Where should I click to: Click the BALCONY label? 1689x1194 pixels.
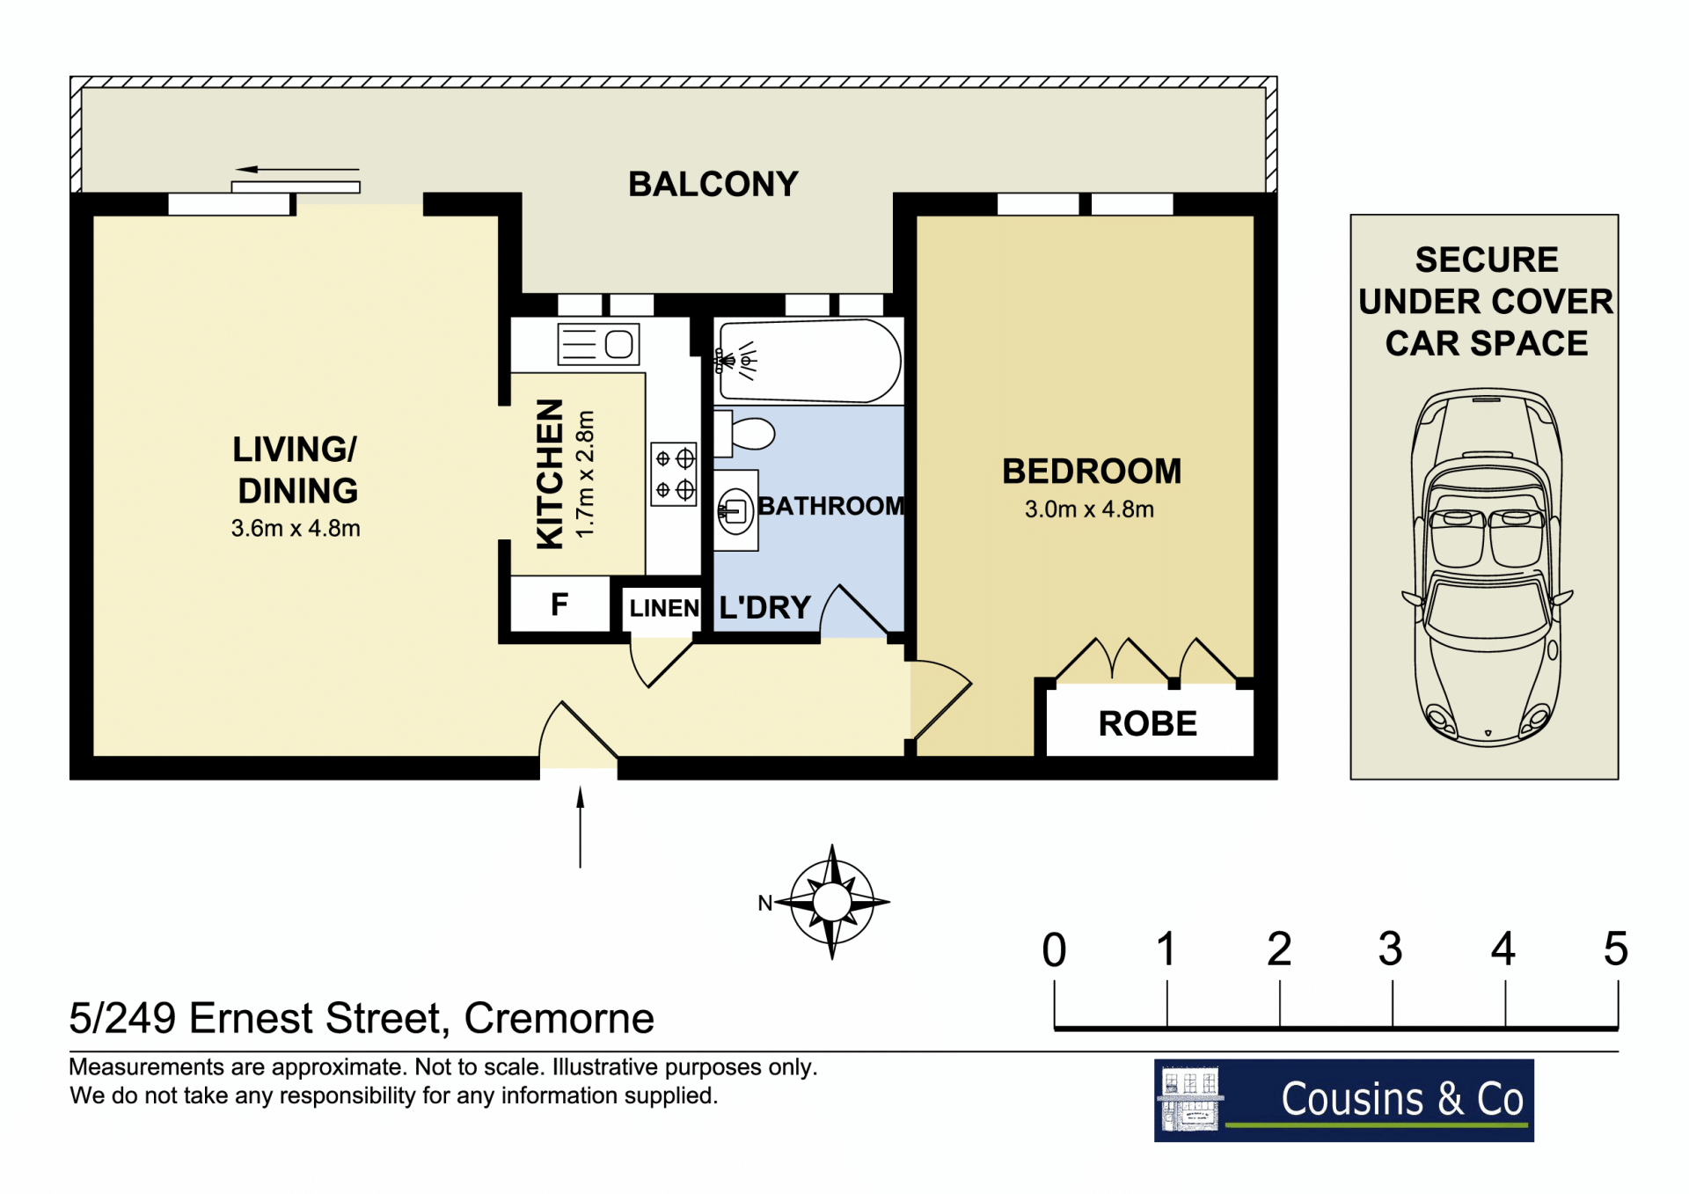pyautogui.click(x=713, y=184)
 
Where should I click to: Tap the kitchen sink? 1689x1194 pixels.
pyautogui.click(x=598, y=344)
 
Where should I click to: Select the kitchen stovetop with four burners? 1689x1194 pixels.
pyautogui.click(x=674, y=474)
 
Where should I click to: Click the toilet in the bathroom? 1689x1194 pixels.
pyautogui.click(x=743, y=434)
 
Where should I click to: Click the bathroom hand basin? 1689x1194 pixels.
pyautogui.click(x=735, y=510)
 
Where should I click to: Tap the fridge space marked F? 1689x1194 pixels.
pyautogui.click(x=559, y=604)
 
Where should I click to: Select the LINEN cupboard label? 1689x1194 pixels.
pyautogui.click(x=664, y=608)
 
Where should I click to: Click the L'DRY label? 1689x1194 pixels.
pyautogui.click(x=764, y=607)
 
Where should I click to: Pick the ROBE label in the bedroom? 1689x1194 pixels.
pyautogui.click(x=1148, y=724)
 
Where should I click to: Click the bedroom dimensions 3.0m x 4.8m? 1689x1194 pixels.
pyautogui.click(x=1089, y=509)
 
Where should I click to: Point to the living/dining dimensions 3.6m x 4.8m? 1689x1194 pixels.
pyautogui.click(x=296, y=528)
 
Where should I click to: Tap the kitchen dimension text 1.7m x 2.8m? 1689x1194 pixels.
pyautogui.click(x=585, y=474)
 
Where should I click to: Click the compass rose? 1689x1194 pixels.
pyautogui.click(x=831, y=902)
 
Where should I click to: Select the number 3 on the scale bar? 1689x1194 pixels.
pyautogui.click(x=1391, y=949)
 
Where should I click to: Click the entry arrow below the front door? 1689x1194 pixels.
pyautogui.click(x=581, y=827)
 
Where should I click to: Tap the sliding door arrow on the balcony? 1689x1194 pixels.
pyautogui.click(x=297, y=169)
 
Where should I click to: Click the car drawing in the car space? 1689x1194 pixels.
pyautogui.click(x=1487, y=568)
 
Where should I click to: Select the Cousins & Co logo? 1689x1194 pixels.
pyautogui.click(x=1344, y=1100)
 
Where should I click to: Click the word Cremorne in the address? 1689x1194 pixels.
pyautogui.click(x=559, y=1018)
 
